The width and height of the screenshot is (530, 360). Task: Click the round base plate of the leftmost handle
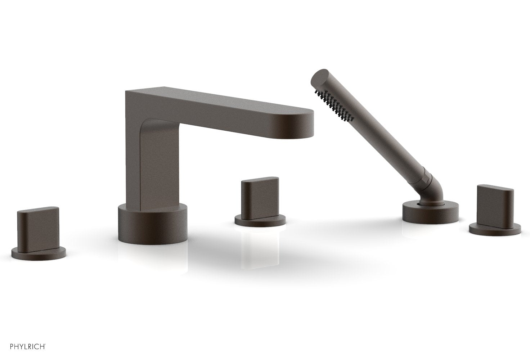point(39,253)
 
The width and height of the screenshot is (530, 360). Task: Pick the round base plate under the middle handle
point(260,221)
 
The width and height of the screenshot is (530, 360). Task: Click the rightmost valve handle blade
point(495,205)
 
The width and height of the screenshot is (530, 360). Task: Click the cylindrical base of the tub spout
point(152,225)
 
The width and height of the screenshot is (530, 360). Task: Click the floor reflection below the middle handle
point(260,248)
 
